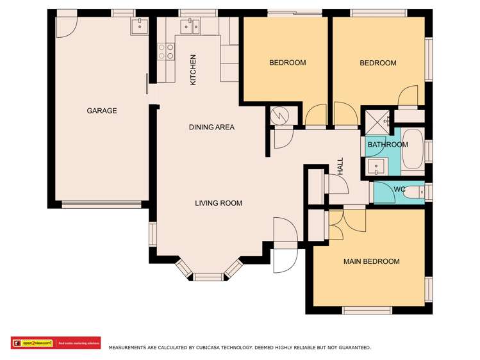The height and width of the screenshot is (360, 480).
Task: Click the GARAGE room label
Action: (102, 111)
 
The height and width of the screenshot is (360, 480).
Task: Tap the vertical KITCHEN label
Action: (193, 70)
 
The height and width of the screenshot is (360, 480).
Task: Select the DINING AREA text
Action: (211, 127)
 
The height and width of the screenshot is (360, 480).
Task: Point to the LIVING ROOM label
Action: (219, 203)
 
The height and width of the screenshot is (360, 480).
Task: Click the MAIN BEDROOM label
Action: (371, 261)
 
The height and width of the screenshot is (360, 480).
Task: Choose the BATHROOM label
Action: (387, 145)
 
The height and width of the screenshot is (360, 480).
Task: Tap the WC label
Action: (399, 190)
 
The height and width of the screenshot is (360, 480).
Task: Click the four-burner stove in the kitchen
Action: (167, 51)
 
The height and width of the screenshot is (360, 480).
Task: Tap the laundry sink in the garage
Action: (140, 26)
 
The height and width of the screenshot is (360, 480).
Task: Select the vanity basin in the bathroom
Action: (376, 167)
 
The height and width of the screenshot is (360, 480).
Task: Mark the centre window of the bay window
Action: (208, 277)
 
